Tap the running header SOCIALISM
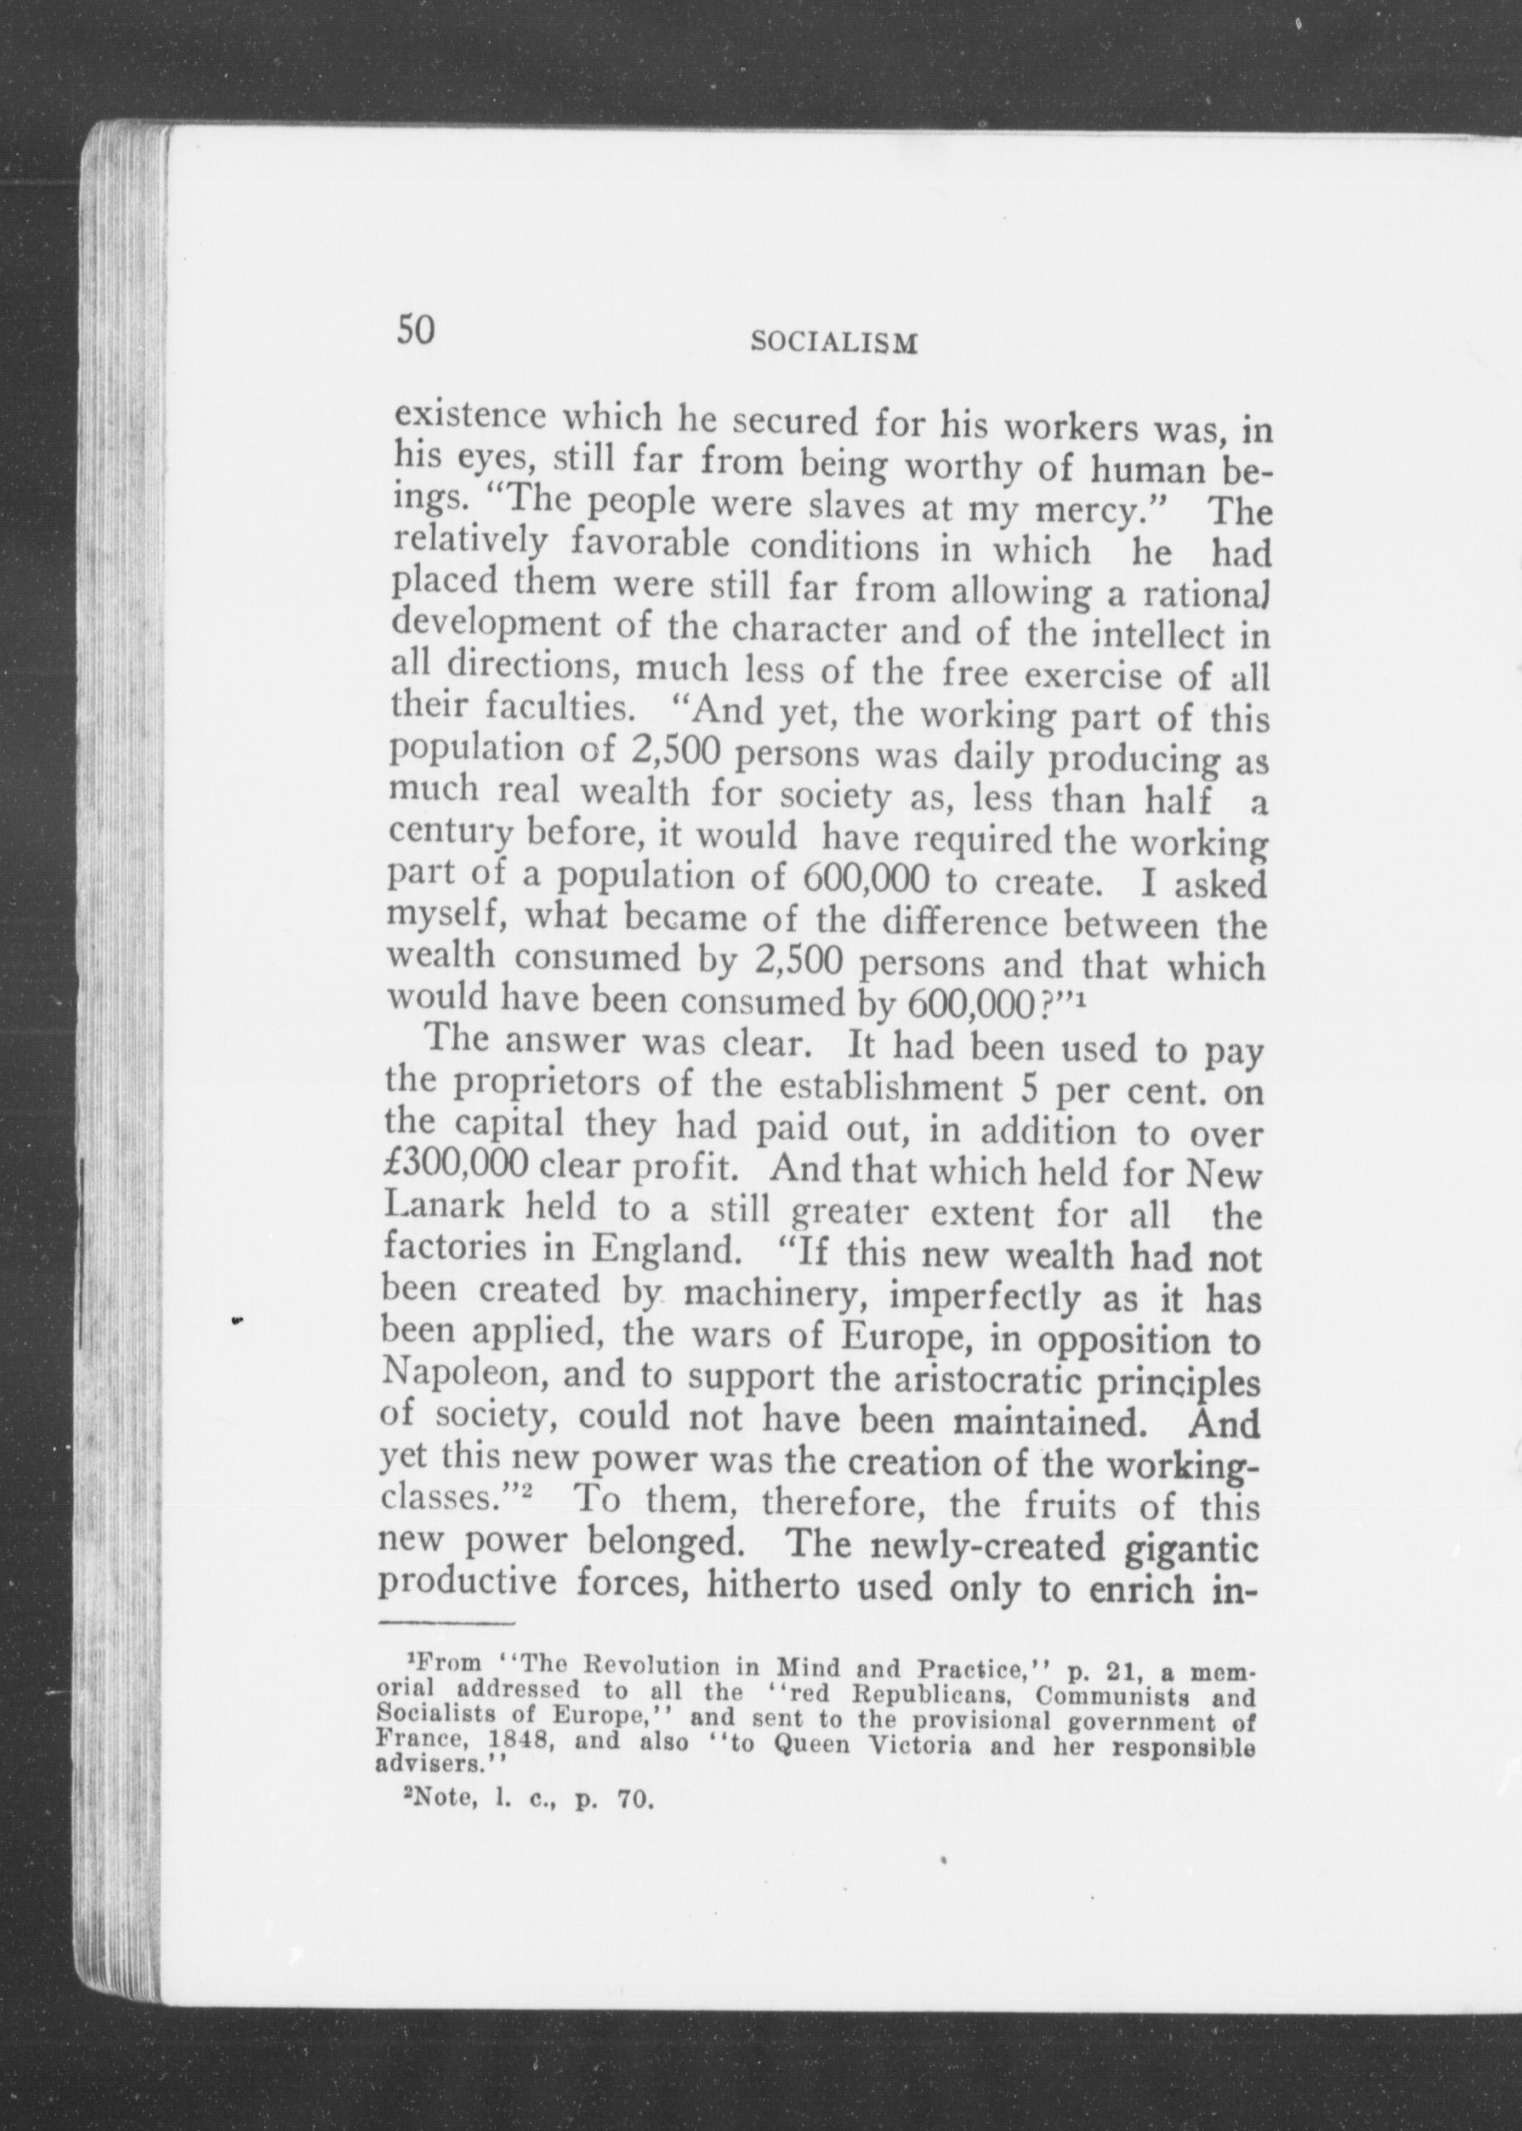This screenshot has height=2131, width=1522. (833, 343)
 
